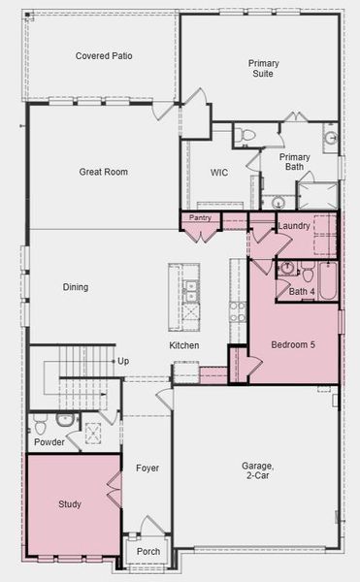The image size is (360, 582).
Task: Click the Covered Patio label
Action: (104, 56)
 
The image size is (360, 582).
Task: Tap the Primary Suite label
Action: (264, 68)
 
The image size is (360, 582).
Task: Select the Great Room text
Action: (104, 172)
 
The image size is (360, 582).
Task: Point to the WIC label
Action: (219, 173)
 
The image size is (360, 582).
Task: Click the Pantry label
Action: (200, 218)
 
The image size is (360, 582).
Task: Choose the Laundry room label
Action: (294, 226)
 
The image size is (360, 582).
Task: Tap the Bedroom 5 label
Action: (293, 344)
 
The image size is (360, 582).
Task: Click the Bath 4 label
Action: (302, 292)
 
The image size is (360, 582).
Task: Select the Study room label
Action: (70, 504)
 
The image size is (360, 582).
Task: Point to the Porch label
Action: (148, 552)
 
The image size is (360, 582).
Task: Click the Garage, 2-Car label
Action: (258, 470)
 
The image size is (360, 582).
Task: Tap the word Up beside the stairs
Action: (123, 361)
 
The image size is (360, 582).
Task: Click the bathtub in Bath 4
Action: (328, 281)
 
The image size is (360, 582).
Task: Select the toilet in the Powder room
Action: (41, 424)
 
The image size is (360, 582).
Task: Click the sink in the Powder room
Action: (66, 420)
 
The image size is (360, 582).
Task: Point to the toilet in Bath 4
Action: (308, 272)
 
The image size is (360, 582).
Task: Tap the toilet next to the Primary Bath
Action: (245, 135)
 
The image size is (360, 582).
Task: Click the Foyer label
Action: (147, 469)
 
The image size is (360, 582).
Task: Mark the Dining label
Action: (76, 287)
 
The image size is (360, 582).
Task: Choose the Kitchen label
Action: (184, 345)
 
